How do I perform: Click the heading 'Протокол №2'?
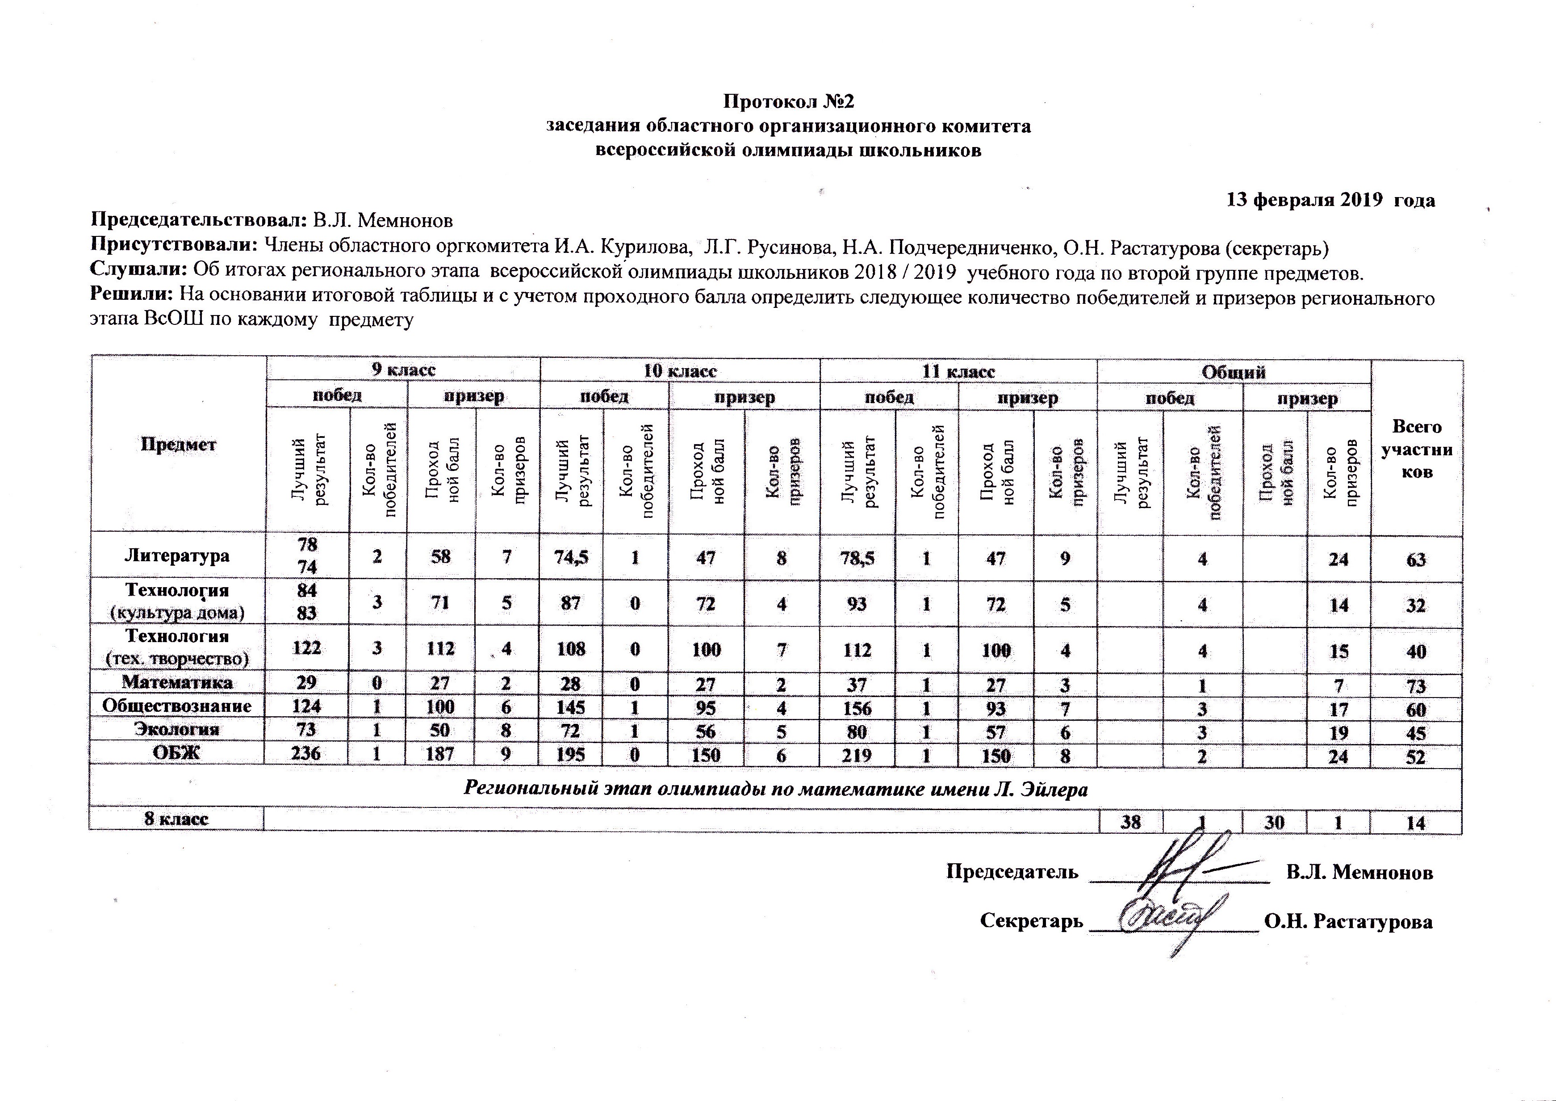[788, 102]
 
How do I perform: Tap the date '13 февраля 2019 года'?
[1330, 200]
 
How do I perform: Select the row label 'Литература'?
[177, 556]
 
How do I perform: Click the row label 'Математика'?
[177, 683]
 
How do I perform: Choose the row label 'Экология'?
[177, 730]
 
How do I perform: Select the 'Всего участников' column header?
[1416, 449]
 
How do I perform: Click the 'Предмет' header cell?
[178, 445]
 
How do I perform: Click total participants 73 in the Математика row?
[1416, 686]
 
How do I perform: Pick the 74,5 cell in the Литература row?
[571, 557]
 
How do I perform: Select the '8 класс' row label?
[176, 819]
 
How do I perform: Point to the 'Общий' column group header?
[1234, 371]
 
